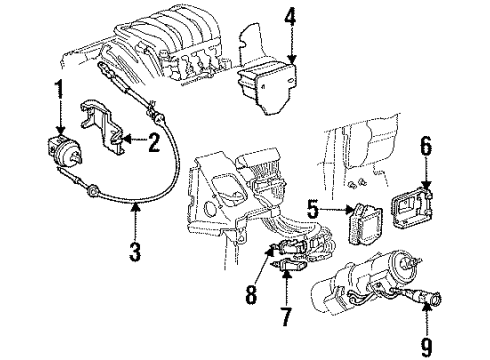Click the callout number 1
(59, 88)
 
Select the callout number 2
(154, 144)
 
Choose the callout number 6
(425, 148)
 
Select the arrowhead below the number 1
(59, 127)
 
